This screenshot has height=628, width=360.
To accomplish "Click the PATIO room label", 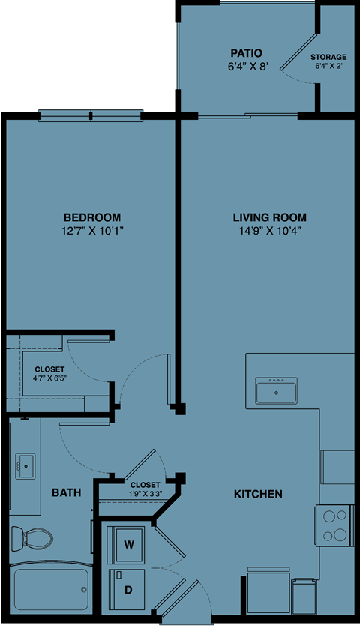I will click(246, 53).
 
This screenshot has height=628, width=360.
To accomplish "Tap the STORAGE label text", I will click(328, 57).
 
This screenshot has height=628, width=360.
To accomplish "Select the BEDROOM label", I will click(92, 217).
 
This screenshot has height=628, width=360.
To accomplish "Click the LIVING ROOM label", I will click(269, 217).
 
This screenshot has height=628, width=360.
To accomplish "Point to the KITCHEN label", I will click(258, 494).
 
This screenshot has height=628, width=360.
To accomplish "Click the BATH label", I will click(66, 493).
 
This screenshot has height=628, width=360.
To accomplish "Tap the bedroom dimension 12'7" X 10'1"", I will click(92, 231).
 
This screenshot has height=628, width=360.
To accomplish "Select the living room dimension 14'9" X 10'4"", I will click(269, 231).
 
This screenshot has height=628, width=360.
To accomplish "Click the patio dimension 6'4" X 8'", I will click(246, 66).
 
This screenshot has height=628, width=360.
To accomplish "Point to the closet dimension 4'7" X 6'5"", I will click(49, 379).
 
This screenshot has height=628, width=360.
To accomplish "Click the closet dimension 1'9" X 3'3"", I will click(145, 494).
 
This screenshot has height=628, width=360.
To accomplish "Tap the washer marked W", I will click(128, 543).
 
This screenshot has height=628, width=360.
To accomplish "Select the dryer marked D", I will click(128, 590).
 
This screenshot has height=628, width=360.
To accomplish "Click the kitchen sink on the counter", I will click(277, 390).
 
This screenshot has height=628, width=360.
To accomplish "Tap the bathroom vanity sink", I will click(25, 466).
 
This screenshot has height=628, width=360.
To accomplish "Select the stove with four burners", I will click(334, 525).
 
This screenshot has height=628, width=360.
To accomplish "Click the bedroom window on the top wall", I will click(90, 115).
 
